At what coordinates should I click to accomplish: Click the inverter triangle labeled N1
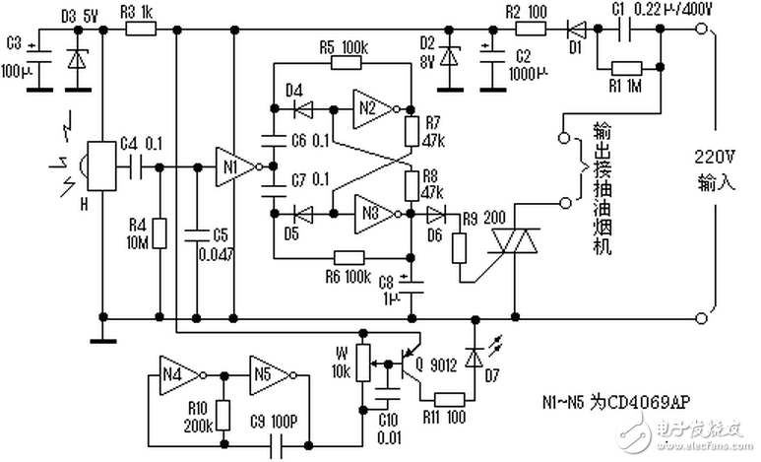pos(228,166)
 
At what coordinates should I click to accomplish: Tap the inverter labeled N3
pos(367,212)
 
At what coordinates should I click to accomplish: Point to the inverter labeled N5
pos(268,375)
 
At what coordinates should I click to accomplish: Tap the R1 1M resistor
pos(626,69)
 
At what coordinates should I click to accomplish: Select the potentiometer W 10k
pos(362,362)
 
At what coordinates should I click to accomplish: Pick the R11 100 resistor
pos(448,398)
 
